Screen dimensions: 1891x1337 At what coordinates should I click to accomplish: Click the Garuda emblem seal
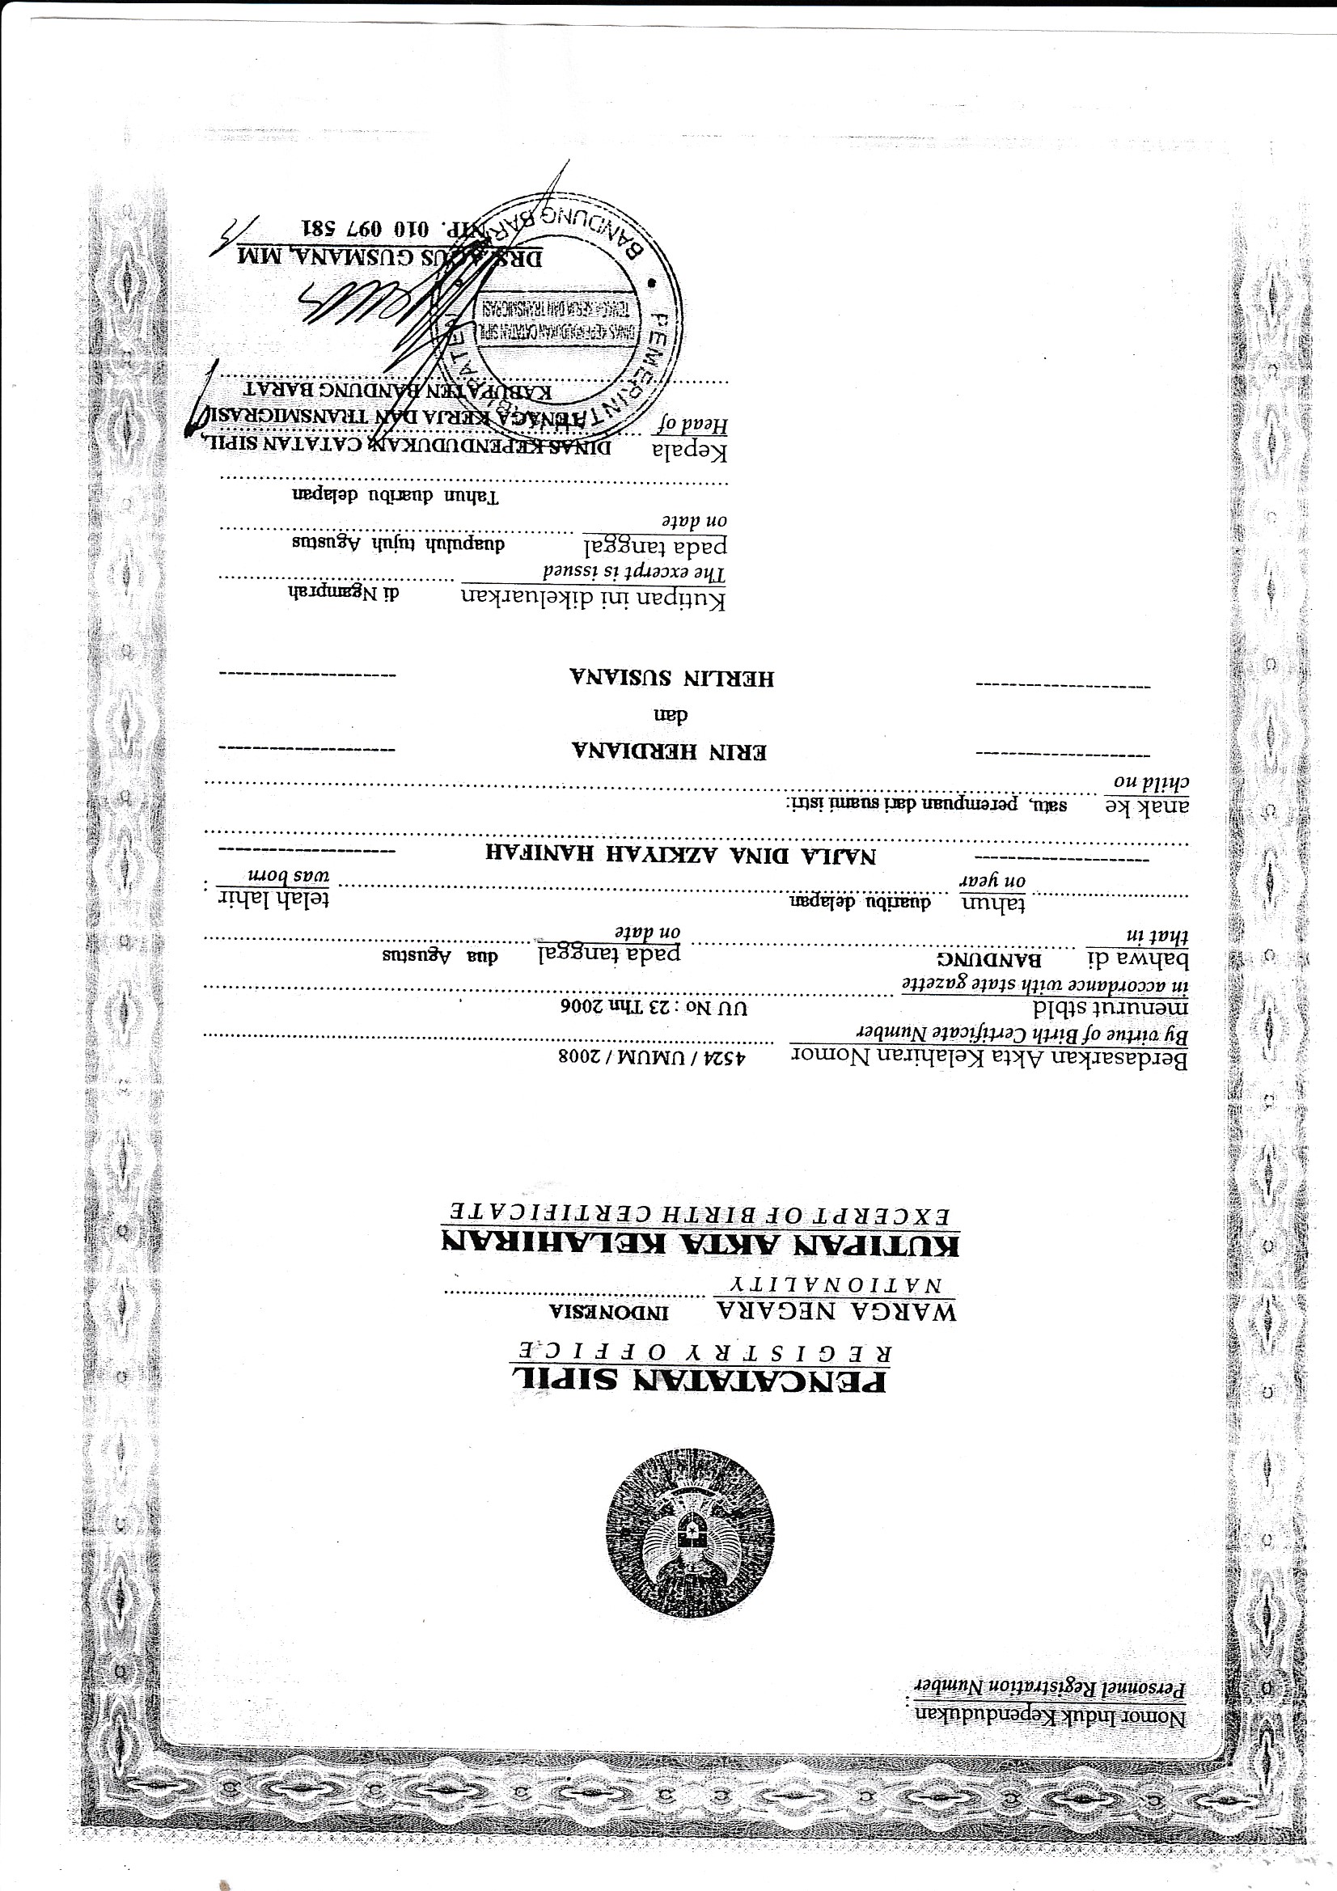[x=689, y=1534]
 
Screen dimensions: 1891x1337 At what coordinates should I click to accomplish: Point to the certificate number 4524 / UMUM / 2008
[x=652, y=1057]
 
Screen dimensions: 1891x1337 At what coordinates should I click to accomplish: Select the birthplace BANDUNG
[x=988, y=959]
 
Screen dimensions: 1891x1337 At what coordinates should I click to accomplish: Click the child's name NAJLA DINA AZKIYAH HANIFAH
[x=679, y=855]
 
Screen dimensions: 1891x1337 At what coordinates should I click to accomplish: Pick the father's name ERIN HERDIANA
[x=669, y=751]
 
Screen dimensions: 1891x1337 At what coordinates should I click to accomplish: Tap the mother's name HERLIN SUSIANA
[x=671, y=678]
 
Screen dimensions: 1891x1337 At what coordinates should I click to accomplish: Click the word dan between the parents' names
[x=671, y=715]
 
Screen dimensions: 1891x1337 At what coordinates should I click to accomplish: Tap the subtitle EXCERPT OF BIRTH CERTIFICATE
[x=700, y=1214]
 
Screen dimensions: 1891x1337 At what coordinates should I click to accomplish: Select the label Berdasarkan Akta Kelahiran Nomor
[x=988, y=1059]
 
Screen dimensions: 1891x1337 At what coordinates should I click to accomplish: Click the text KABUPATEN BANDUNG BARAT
[x=399, y=390]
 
